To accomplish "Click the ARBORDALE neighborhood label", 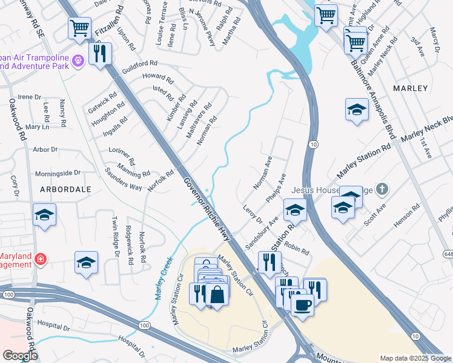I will click(65, 189).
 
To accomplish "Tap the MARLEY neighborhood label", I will click(410, 88).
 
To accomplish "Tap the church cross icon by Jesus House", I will click(381, 189).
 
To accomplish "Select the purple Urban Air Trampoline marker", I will click(78, 60).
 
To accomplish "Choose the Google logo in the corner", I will click(20, 356).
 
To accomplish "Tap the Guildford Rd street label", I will click(139, 62).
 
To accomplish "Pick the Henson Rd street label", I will click(407, 218).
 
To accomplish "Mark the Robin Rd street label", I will click(297, 249).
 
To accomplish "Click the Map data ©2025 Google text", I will click(415, 358).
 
